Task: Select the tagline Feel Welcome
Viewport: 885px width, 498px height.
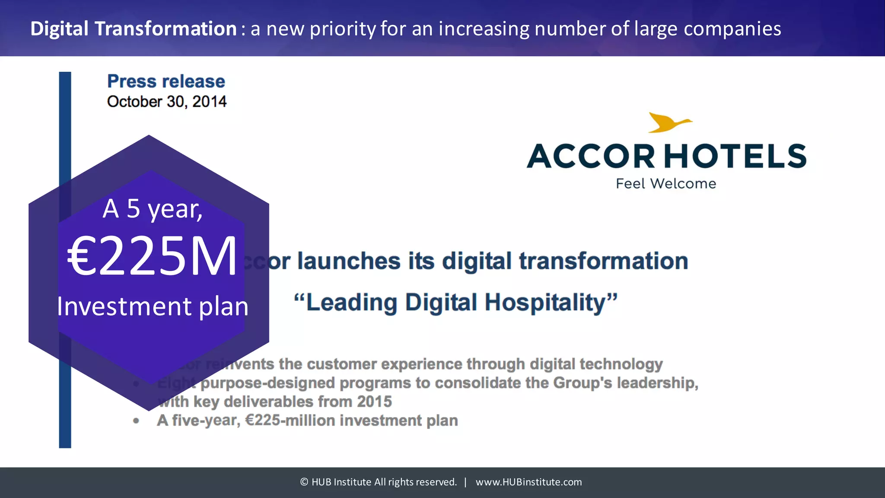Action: (666, 184)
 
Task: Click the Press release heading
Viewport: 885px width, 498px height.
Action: (166, 81)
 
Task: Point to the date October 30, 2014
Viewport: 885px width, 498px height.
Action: (167, 102)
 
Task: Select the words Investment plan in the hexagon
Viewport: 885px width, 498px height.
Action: (153, 306)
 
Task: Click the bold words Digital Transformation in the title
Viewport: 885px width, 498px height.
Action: (133, 29)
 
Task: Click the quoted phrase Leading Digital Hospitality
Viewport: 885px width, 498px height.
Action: (455, 302)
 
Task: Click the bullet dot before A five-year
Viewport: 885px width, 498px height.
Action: (136, 421)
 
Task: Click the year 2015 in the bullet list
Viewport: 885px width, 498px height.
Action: (374, 402)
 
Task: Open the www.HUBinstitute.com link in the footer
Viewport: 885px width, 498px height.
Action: (528, 482)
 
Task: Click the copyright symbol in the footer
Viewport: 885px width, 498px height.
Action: (304, 482)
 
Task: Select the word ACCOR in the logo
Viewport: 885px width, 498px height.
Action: (591, 156)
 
